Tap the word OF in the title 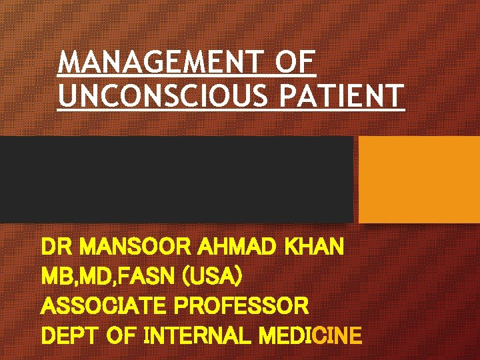tap(294, 64)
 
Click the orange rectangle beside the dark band tap(419, 179)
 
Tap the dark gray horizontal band tap(176, 179)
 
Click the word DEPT tap(69, 335)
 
